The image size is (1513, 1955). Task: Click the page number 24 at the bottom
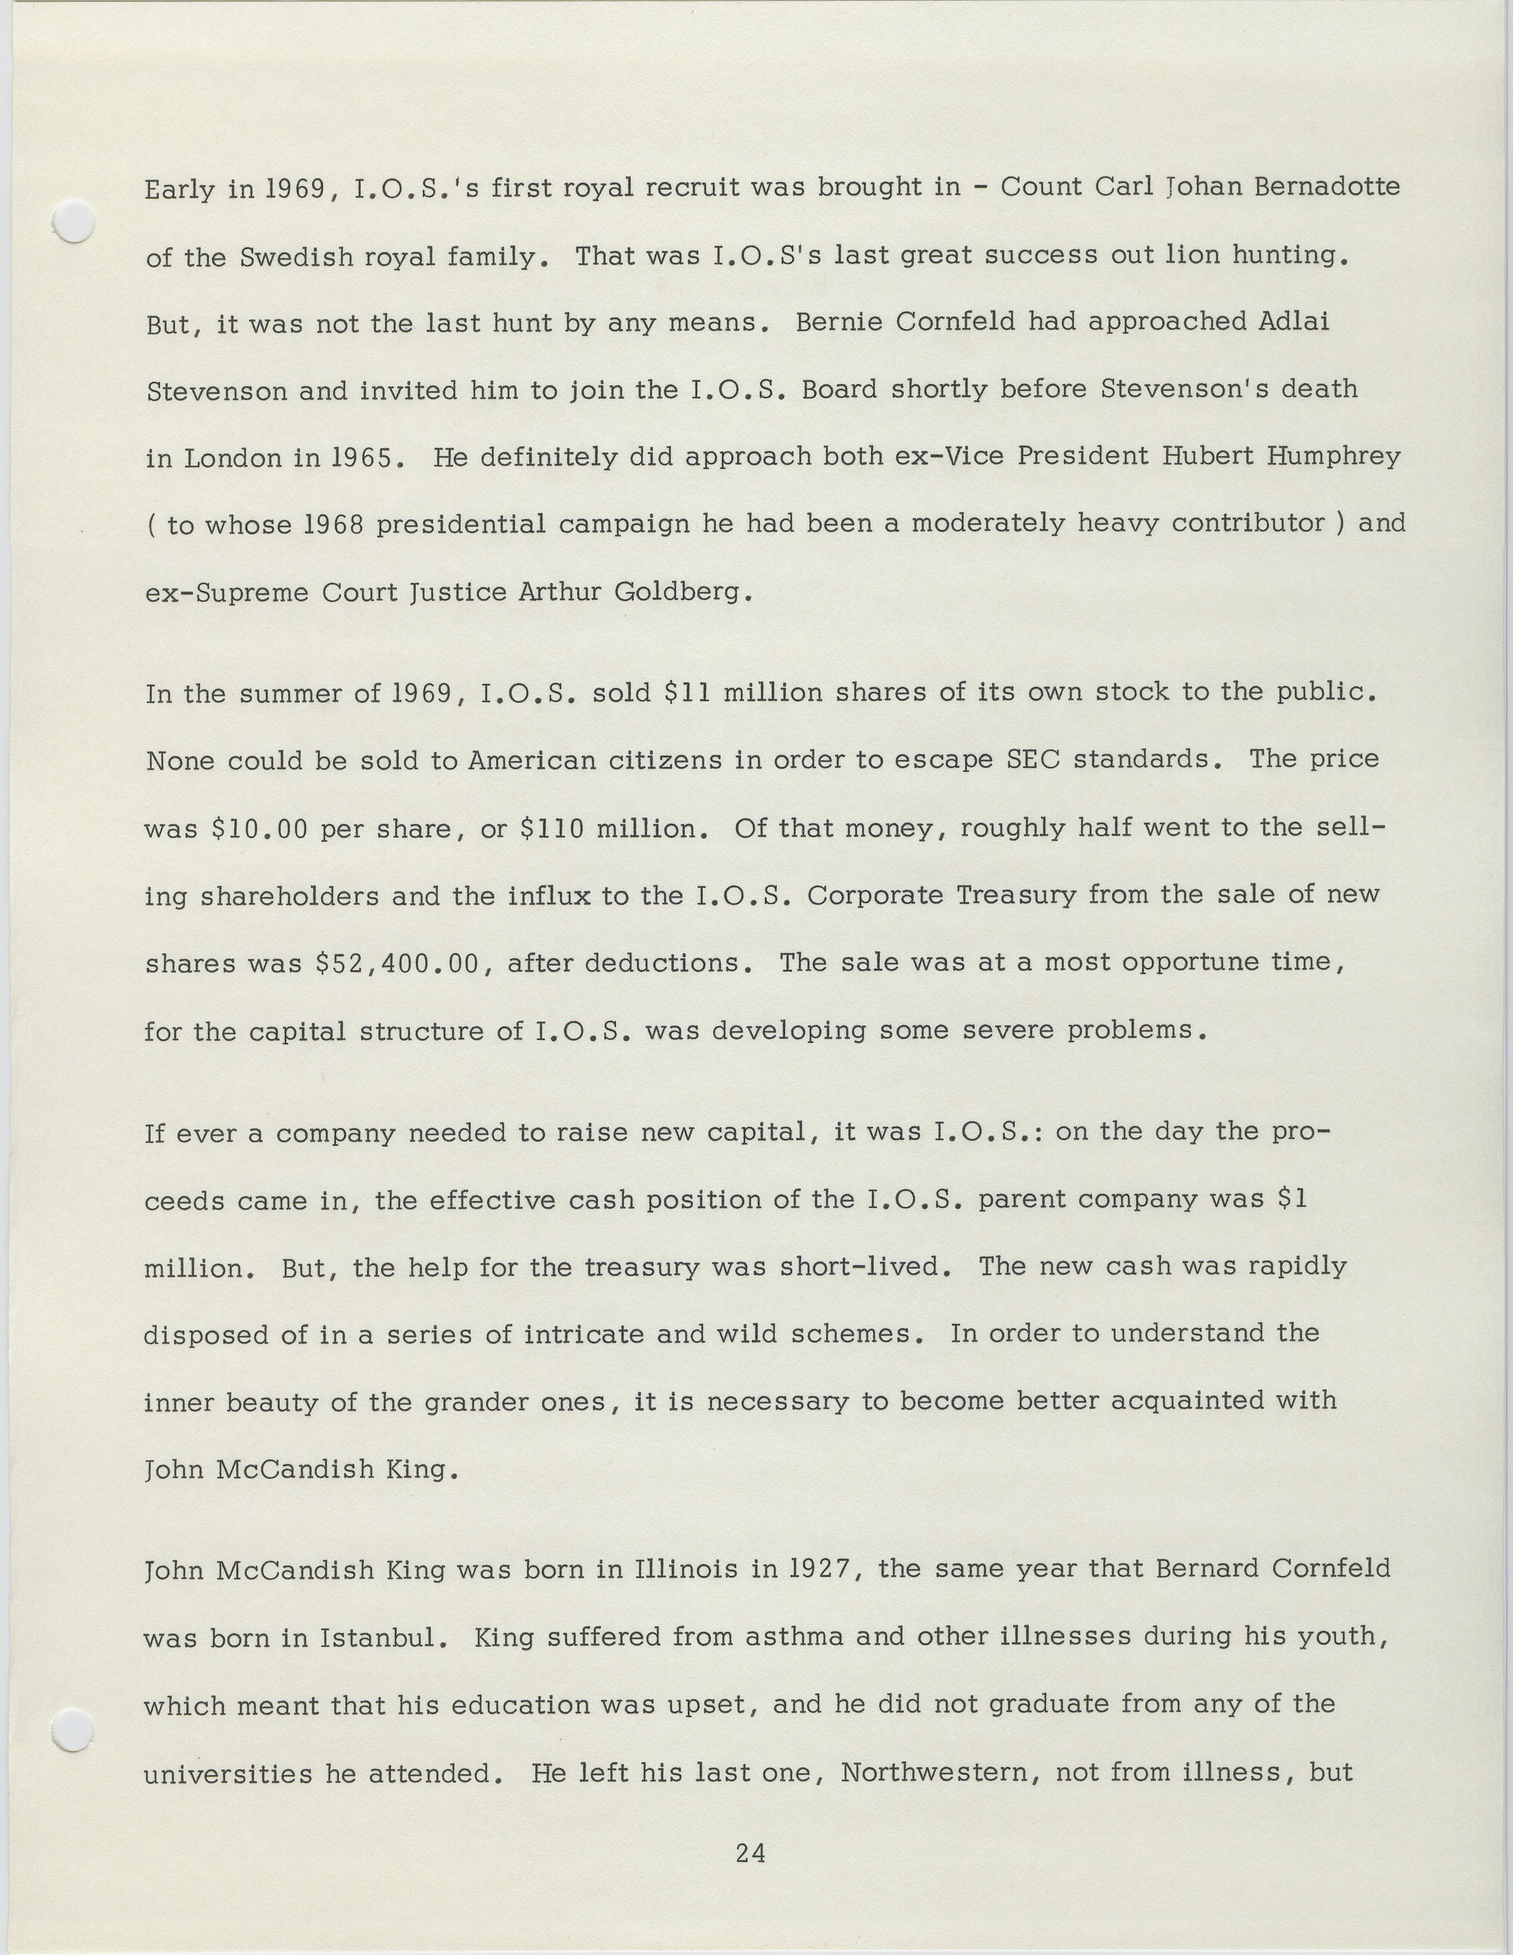click(x=750, y=1853)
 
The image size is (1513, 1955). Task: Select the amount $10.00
click(x=260, y=829)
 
